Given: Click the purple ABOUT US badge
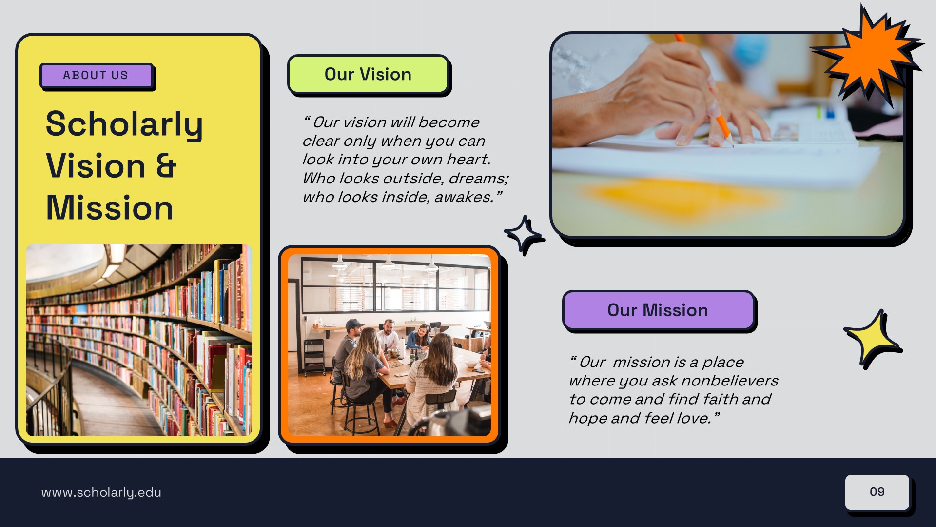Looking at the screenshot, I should (96, 76).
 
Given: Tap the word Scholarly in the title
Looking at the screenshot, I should (124, 124).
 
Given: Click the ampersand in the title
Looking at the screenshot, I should (166, 166).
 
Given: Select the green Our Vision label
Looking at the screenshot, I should (368, 75).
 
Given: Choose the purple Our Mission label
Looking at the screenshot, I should (658, 310).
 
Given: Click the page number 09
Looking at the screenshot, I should (877, 492).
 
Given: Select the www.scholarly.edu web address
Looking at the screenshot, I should (101, 493).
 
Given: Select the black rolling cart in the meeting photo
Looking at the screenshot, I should (314, 356).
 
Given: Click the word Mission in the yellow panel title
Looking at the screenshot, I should (110, 208).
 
